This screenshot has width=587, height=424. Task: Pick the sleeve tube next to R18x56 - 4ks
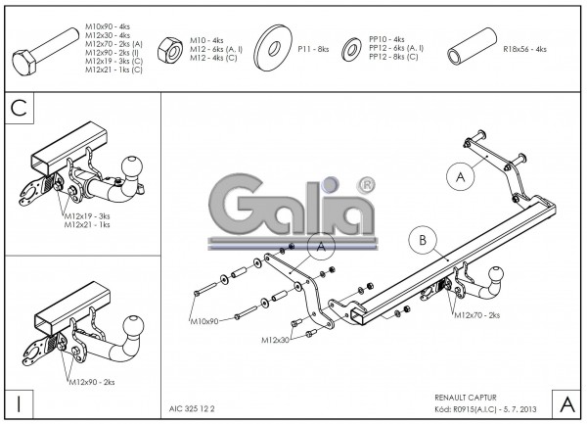[471, 47]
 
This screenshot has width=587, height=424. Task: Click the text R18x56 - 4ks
[524, 47]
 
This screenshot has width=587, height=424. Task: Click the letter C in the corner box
[18, 108]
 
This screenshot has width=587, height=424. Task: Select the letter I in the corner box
[18, 402]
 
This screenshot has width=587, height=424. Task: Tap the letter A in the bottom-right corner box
[567, 402]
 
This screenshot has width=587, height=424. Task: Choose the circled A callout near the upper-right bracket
[460, 176]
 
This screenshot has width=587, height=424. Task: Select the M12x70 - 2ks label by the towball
[476, 314]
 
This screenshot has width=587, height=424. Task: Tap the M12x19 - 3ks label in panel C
[86, 214]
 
